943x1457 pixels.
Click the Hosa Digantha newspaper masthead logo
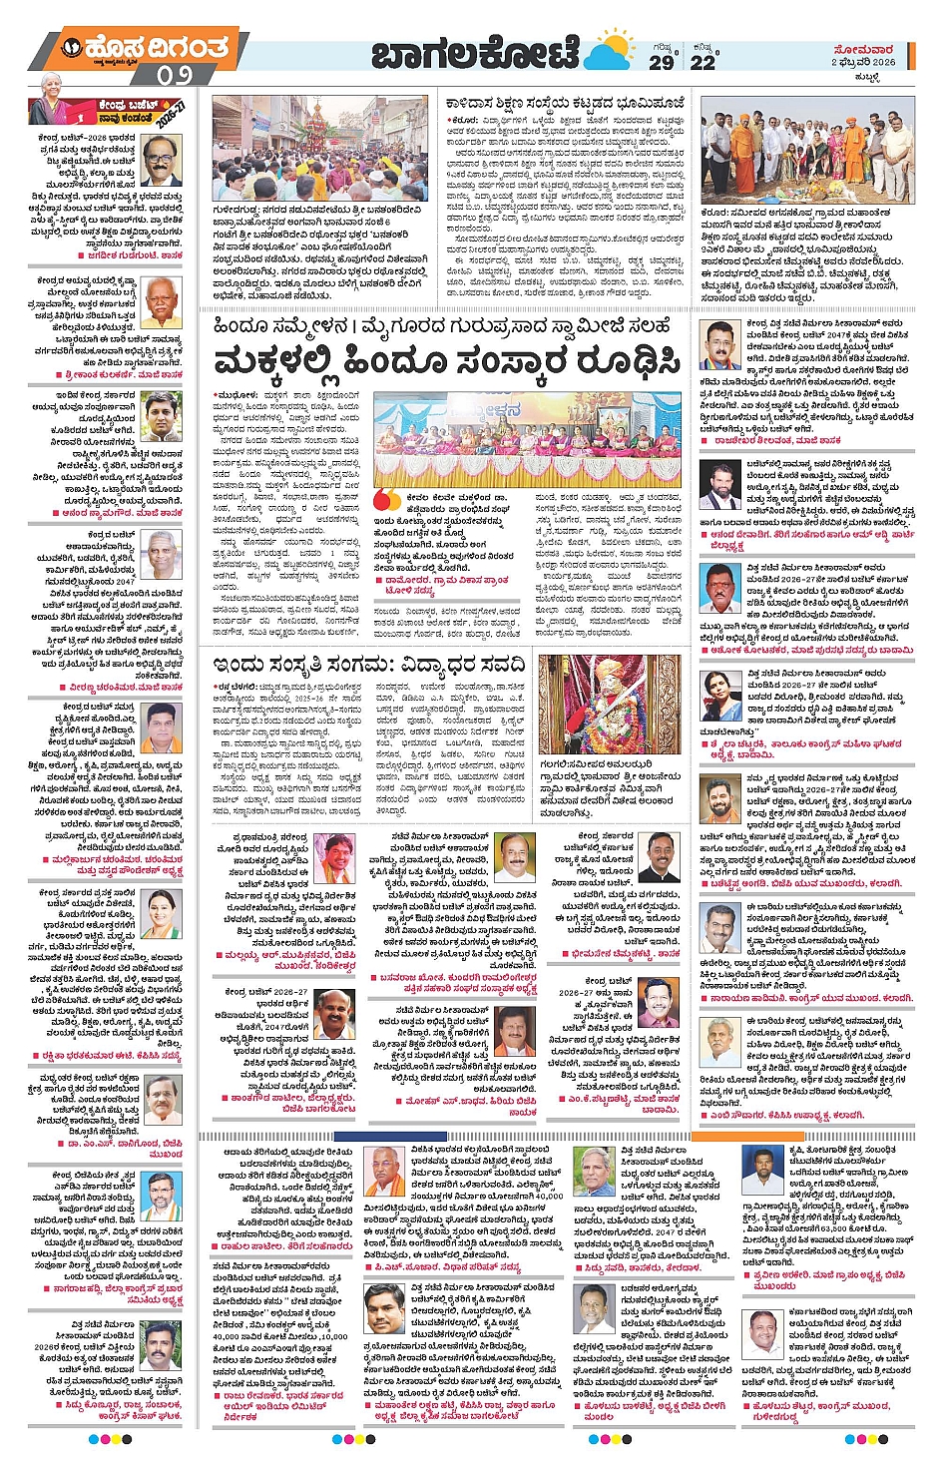[x=146, y=48]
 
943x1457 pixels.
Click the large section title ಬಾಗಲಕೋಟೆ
[x=475, y=55]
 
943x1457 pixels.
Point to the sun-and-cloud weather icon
[x=611, y=52]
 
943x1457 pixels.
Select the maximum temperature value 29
[x=662, y=61]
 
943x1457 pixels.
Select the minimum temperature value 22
[x=704, y=61]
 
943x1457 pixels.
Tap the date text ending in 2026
[x=864, y=62]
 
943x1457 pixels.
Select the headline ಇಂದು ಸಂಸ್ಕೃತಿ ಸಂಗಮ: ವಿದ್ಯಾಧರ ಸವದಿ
[x=367, y=665]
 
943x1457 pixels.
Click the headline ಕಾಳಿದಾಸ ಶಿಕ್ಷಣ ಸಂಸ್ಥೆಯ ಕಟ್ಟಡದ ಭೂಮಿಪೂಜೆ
[x=565, y=103]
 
